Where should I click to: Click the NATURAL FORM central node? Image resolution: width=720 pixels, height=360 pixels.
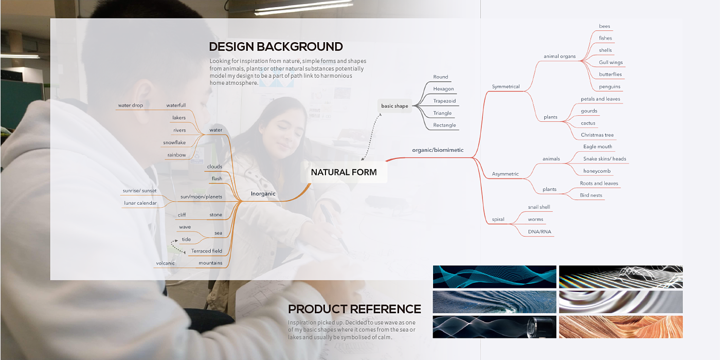[x=344, y=172]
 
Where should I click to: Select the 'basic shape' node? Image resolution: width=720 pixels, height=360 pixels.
[x=394, y=106]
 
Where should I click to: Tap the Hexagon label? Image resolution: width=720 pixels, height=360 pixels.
[x=443, y=88]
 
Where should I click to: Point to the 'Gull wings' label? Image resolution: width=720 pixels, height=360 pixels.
[x=610, y=62]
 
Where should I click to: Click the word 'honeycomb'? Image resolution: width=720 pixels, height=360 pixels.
[x=597, y=171]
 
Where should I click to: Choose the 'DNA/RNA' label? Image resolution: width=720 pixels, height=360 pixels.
[x=539, y=231]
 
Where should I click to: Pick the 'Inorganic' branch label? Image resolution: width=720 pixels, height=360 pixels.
[x=263, y=193]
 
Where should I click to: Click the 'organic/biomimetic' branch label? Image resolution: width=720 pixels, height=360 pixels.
[x=438, y=150]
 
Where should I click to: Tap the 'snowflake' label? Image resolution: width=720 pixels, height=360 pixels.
[x=174, y=142]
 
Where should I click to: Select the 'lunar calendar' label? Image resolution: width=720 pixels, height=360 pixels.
[x=140, y=203]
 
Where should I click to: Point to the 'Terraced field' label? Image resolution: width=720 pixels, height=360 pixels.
[x=206, y=251]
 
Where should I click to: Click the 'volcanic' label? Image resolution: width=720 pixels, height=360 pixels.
[x=165, y=263]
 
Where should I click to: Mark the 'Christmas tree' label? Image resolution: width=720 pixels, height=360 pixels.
[x=597, y=135]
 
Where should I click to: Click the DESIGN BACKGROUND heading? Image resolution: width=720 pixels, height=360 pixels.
[x=276, y=47]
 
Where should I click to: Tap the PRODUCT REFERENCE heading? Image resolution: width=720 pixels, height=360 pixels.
[x=354, y=309]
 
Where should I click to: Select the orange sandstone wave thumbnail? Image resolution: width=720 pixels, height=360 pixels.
[x=621, y=327]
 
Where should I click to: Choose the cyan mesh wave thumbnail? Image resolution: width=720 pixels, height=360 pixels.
[x=494, y=277]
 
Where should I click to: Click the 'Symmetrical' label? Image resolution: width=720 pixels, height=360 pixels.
[x=506, y=86]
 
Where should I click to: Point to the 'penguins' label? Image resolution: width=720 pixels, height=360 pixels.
[x=609, y=87]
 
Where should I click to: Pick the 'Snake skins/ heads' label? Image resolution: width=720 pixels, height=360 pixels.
[x=605, y=159]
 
